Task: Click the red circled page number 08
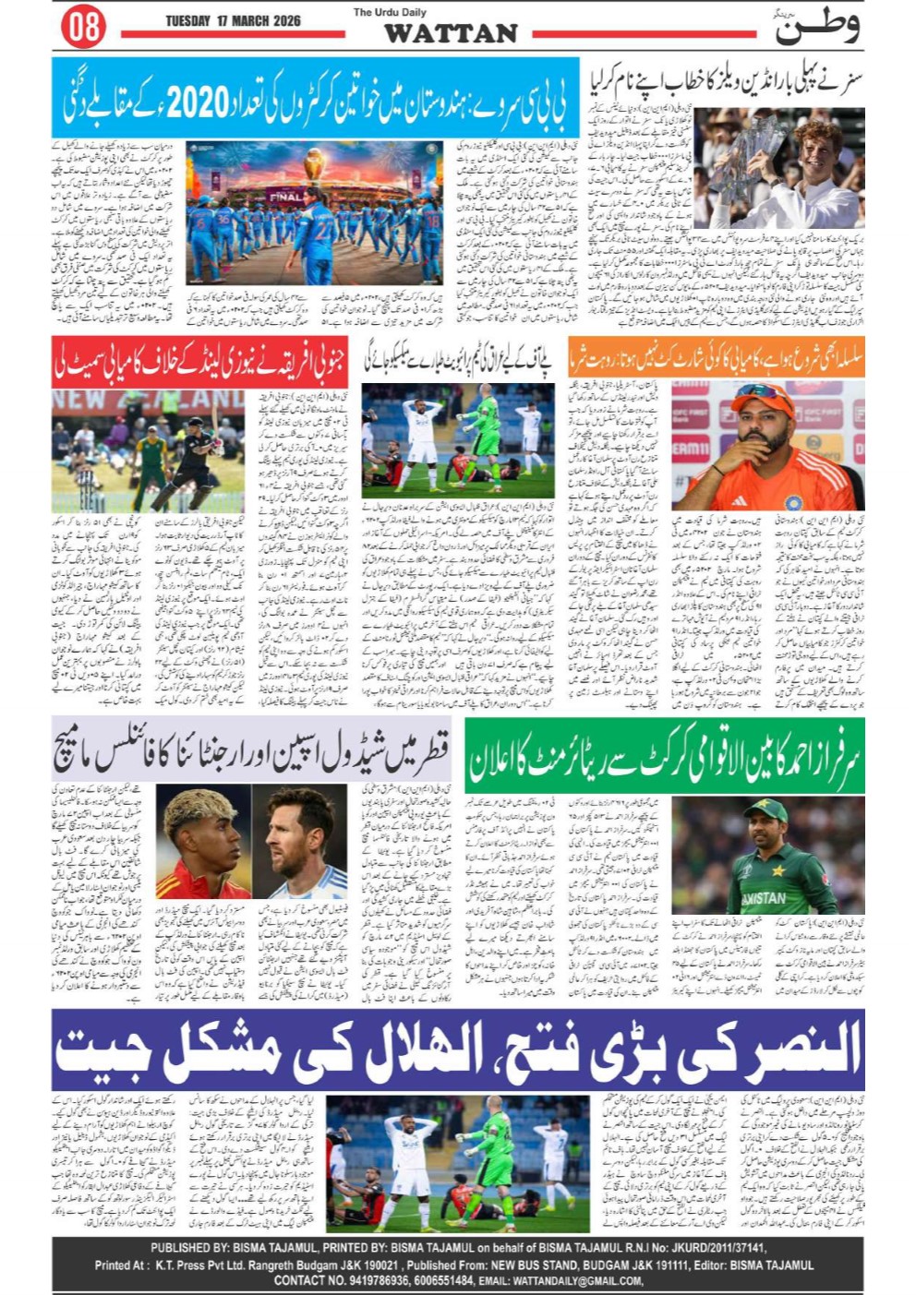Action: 83,27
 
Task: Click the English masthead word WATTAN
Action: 451,33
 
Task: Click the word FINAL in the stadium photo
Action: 285,196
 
